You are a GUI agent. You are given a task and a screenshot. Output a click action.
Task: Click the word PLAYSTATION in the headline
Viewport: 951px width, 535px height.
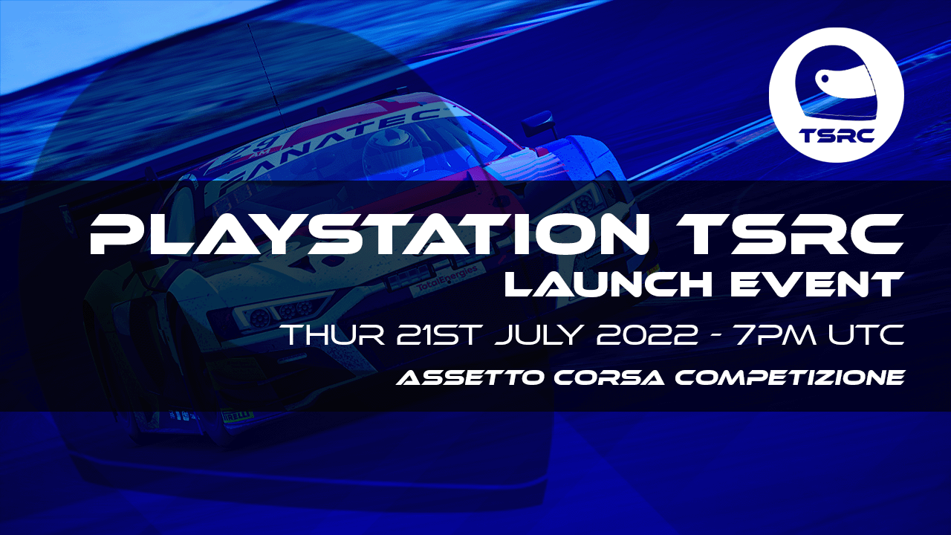click(369, 234)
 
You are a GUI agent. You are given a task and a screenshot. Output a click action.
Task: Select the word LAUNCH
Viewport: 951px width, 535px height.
click(608, 284)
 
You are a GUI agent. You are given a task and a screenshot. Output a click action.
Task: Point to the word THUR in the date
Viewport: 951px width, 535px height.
click(334, 335)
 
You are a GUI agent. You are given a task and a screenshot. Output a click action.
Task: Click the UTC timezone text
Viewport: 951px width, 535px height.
click(866, 335)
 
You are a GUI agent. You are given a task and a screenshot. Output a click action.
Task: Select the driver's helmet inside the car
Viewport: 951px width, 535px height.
click(391, 149)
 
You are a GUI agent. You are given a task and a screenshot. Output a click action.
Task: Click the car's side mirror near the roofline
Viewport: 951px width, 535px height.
click(540, 121)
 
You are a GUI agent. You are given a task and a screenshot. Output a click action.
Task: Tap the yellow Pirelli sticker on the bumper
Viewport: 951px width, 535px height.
click(237, 415)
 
